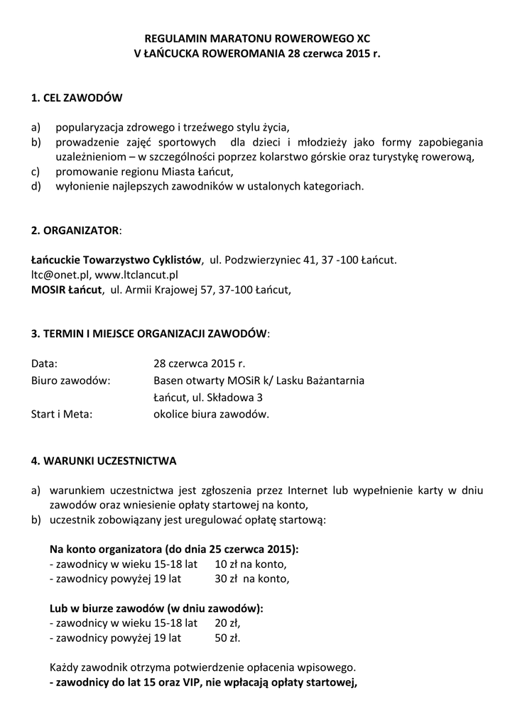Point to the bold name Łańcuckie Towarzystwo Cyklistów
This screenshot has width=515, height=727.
[116, 261]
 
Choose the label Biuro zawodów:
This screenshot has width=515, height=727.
[70, 381]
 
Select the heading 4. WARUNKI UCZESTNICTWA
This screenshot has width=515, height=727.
[104, 461]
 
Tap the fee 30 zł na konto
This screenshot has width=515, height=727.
[252, 579]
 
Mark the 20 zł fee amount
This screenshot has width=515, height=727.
[227, 623]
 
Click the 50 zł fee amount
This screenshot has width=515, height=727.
[227, 638]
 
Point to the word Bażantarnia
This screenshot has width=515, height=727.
[332, 381]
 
